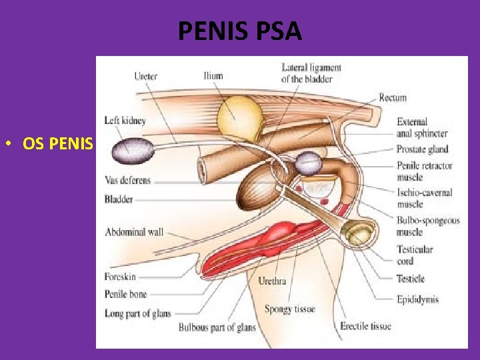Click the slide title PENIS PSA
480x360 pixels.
click(x=240, y=31)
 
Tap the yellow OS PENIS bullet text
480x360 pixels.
click(x=57, y=143)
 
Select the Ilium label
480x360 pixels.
click(x=213, y=76)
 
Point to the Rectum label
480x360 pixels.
click(x=393, y=98)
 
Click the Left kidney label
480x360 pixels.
click(x=125, y=121)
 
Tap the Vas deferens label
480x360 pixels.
click(x=128, y=180)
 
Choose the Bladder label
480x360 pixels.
click(x=119, y=199)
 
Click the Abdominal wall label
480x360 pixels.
click(x=134, y=232)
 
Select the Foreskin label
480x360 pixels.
click(x=121, y=277)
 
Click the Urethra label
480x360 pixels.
click(x=272, y=281)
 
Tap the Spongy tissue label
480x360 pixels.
click(x=289, y=309)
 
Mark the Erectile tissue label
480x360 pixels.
click(x=365, y=326)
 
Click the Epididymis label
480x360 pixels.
click(x=417, y=299)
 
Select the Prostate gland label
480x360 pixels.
click(x=422, y=149)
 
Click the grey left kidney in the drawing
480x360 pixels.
click(x=131, y=151)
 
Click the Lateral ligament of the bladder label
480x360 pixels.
click(x=311, y=73)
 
